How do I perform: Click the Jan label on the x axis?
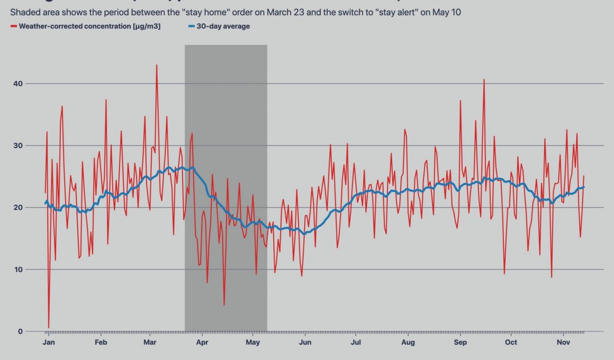click(x=49, y=343)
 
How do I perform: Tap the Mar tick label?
click(x=150, y=343)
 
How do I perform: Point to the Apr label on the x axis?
click(x=202, y=343)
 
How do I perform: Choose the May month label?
click(x=252, y=343)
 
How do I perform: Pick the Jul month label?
click(x=356, y=343)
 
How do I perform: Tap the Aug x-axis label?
click(x=408, y=343)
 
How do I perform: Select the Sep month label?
click(x=460, y=343)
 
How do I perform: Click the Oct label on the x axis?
click(x=511, y=343)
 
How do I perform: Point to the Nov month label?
click(x=563, y=343)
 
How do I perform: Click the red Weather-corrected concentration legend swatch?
click(x=13, y=26)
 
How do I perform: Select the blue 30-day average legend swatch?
click(x=191, y=26)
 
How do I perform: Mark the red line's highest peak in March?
click(x=157, y=65)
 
